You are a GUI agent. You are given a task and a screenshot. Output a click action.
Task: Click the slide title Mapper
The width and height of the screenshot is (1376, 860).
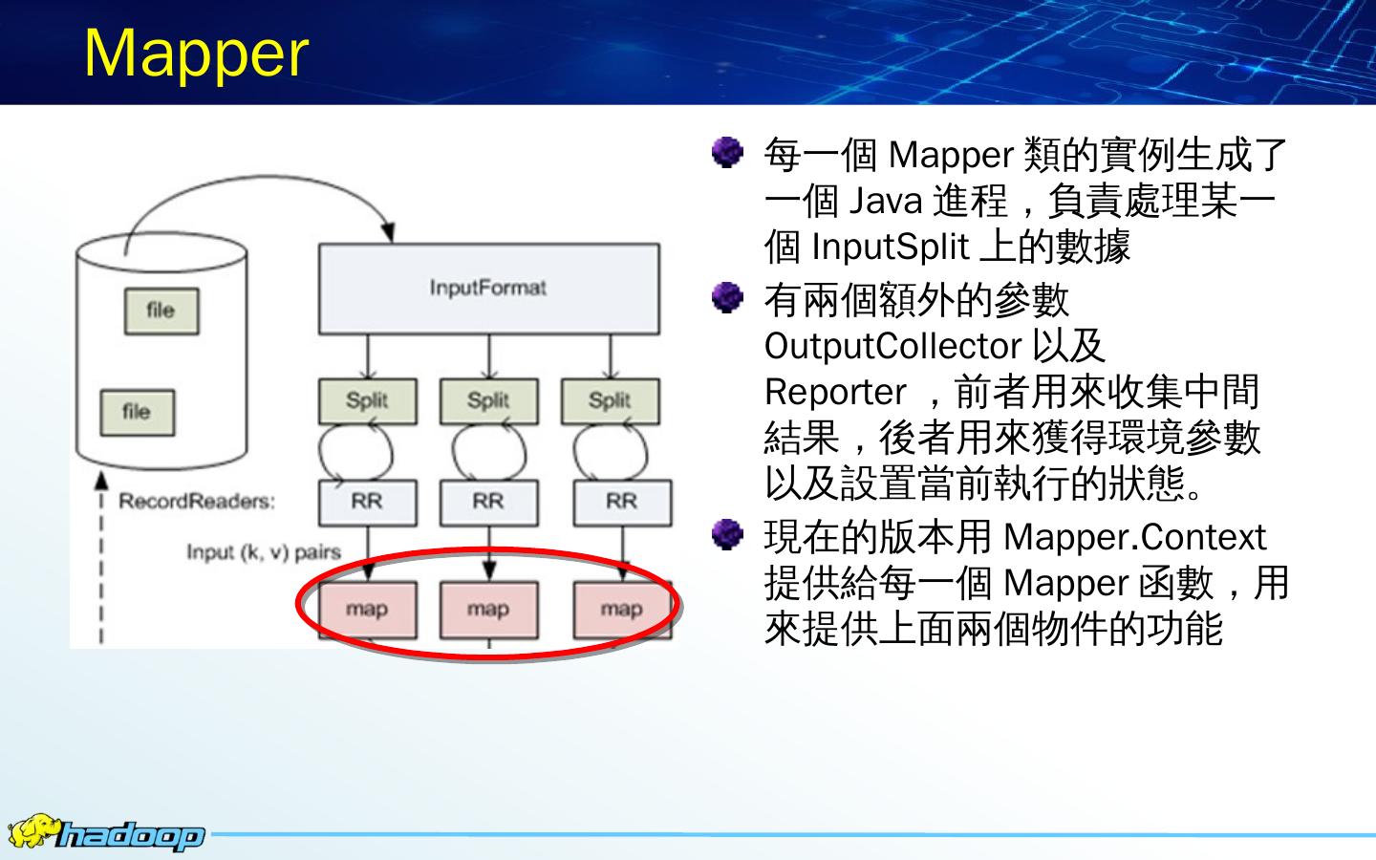196,53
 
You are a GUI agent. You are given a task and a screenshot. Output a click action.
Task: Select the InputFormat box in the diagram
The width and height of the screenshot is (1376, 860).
488,289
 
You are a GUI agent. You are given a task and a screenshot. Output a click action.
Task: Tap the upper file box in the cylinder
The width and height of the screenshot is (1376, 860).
161,311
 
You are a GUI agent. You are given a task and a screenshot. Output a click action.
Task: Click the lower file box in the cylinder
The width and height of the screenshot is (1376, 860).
137,412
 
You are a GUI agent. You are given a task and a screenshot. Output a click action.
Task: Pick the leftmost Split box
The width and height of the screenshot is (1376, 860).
367,401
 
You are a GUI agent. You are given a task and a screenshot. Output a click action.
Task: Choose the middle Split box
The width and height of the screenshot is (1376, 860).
488,401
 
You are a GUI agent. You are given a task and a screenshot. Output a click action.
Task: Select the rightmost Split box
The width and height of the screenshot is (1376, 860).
610,401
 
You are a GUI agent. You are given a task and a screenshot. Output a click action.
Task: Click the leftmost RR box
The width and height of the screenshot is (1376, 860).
367,502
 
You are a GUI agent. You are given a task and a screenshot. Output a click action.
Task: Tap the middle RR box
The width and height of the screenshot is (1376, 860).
488,502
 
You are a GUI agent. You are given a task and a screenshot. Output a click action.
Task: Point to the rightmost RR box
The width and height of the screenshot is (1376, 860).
621,502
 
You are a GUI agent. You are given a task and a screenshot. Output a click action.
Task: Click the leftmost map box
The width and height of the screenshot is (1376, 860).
367,610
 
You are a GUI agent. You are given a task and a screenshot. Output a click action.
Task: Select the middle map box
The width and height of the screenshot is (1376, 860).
488,610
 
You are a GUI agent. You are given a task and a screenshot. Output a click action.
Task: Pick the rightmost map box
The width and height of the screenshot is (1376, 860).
621,610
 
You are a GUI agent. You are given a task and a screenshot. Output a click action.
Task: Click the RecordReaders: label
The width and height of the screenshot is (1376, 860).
196,502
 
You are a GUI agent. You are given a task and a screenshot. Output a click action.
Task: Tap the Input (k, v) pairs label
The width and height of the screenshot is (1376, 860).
263,552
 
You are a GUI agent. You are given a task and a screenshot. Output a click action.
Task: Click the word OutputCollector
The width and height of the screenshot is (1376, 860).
892,346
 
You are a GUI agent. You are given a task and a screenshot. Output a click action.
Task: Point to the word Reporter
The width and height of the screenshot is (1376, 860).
834,392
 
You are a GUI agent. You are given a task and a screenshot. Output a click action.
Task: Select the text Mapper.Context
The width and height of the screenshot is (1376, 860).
1134,537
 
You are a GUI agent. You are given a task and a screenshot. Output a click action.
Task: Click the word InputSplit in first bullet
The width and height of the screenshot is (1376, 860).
890,247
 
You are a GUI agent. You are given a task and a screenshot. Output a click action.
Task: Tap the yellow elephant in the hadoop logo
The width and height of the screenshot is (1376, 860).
32,830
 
